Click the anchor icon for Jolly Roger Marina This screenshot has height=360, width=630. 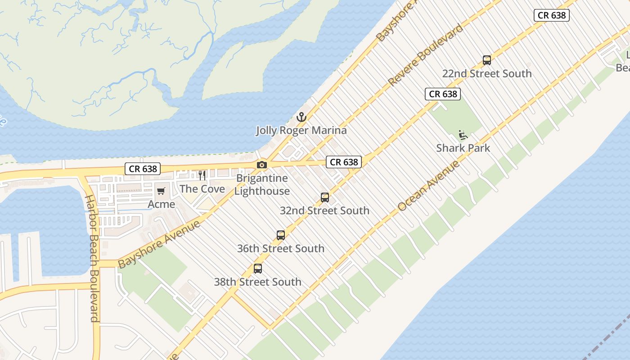point(301,117)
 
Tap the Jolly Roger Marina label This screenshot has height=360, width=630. point(301,130)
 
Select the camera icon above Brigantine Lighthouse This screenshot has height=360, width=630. point(262,165)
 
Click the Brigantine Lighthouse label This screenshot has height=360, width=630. point(262,184)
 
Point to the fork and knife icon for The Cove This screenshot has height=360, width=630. point(202,175)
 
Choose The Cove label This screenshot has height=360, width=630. point(202,189)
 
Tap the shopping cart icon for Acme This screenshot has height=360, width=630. point(161,191)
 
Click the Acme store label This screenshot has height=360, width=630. point(161,204)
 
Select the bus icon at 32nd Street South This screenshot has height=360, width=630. point(325,197)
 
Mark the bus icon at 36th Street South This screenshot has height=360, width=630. point(281,235)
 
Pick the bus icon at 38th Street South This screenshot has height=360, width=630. point(258,269)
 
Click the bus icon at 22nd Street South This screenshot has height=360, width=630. point(487,60)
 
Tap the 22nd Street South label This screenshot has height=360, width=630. point(487,73)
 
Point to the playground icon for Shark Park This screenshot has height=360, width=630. point(463,135)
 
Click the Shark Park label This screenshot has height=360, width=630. point(463,148)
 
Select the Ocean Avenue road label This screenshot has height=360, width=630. point(429,185)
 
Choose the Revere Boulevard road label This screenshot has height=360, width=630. point(425,55)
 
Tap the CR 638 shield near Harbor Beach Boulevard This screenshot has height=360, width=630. point(143,169)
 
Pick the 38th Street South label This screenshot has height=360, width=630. point(258,282)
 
